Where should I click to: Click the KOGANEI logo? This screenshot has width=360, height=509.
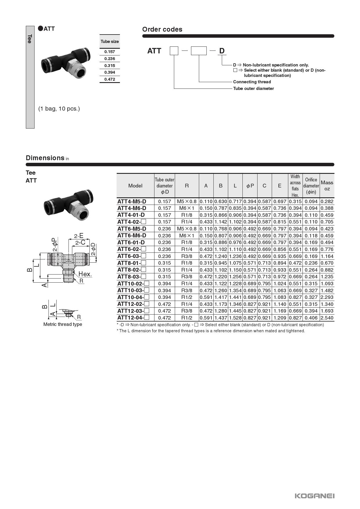[314, 496]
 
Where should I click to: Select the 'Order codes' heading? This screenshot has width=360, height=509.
[162, 29]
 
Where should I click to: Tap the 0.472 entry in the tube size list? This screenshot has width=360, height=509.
[110, 79]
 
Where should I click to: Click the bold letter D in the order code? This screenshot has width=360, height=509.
[222, 51]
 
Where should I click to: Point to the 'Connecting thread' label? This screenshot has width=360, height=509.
[252, 82]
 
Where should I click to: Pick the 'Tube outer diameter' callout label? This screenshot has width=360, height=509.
[253, 89]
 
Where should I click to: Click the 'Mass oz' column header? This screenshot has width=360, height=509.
[327, 186]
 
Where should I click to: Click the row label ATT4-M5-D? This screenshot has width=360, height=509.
[132, 201]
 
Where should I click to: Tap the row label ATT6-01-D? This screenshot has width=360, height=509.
[131, 242]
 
